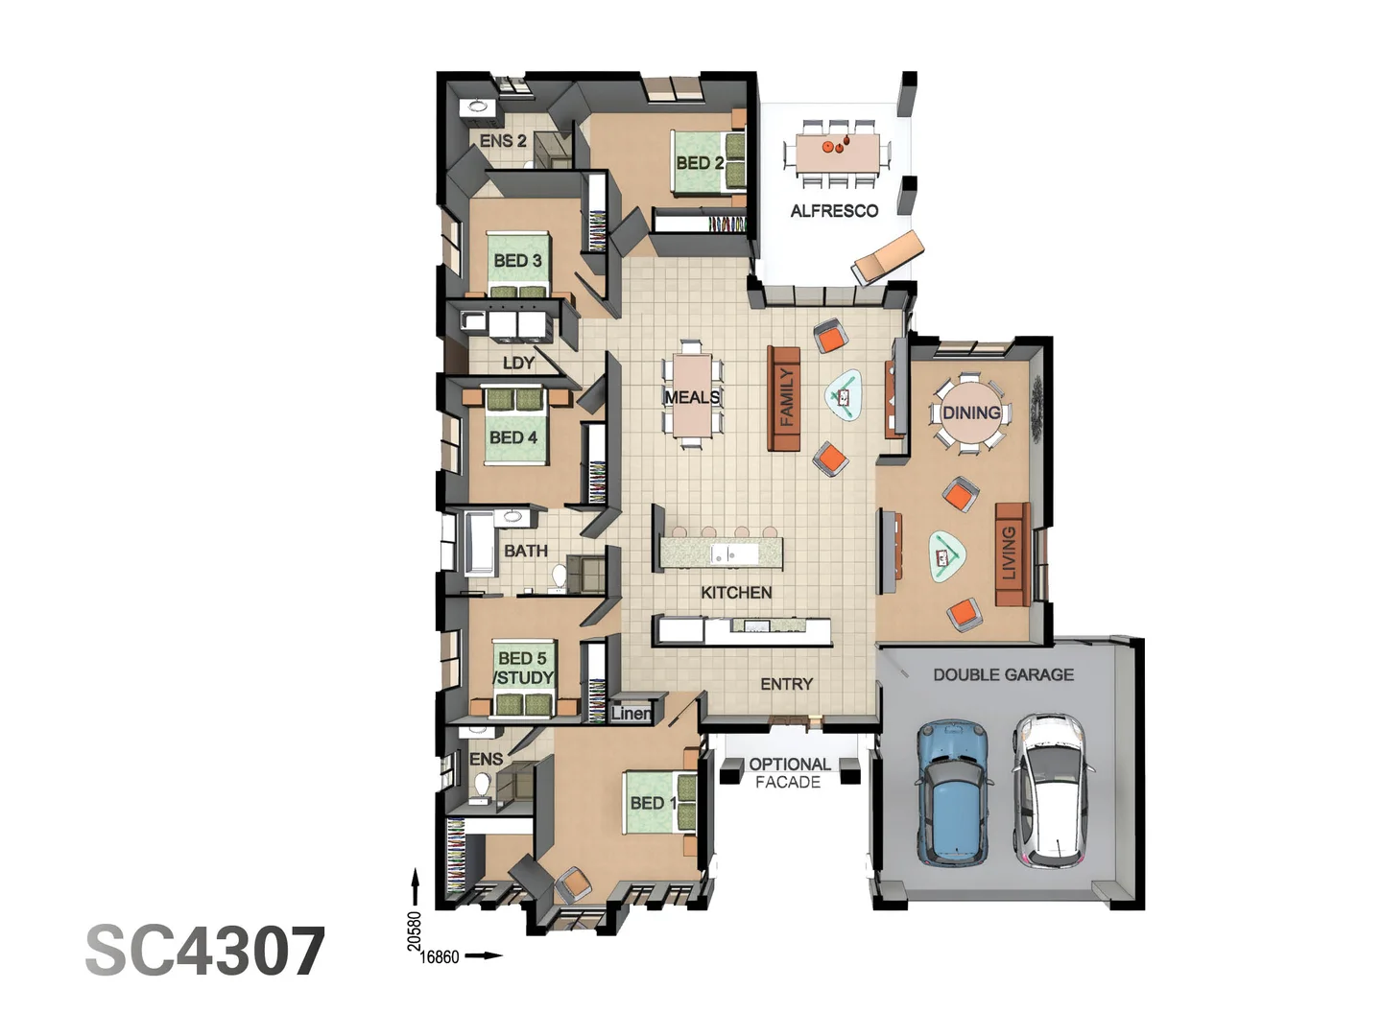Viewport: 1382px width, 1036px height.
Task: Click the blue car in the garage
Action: pos(953,791)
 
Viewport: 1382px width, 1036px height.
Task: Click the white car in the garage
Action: pos(1050,789)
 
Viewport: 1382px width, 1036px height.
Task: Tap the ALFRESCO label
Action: pos(834,211)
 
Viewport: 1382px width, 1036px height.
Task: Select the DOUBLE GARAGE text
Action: pos(1003,674)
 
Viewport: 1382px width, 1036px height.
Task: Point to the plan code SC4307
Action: pos(205,952)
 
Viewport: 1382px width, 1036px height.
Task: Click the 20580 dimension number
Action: pos(415,930)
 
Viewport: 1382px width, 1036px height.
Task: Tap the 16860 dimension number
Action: pos(441,956)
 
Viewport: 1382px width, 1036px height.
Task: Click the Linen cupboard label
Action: pos(631,713)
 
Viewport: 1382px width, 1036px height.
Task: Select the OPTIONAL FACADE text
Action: pos(789,773)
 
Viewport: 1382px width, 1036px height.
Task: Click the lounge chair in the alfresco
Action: pos(887,256)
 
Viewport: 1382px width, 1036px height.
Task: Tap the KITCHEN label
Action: pos(736,593)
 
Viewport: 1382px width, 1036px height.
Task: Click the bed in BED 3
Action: pos(518,264)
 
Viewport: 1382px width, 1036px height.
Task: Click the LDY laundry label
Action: pos(518,363)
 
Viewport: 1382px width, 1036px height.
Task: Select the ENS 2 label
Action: pos(503,141)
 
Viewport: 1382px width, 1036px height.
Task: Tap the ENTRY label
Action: pos(786,684)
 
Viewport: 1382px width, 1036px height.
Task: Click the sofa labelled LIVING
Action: pos(1011,553)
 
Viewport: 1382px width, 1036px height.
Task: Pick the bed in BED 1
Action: pos(659,802)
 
